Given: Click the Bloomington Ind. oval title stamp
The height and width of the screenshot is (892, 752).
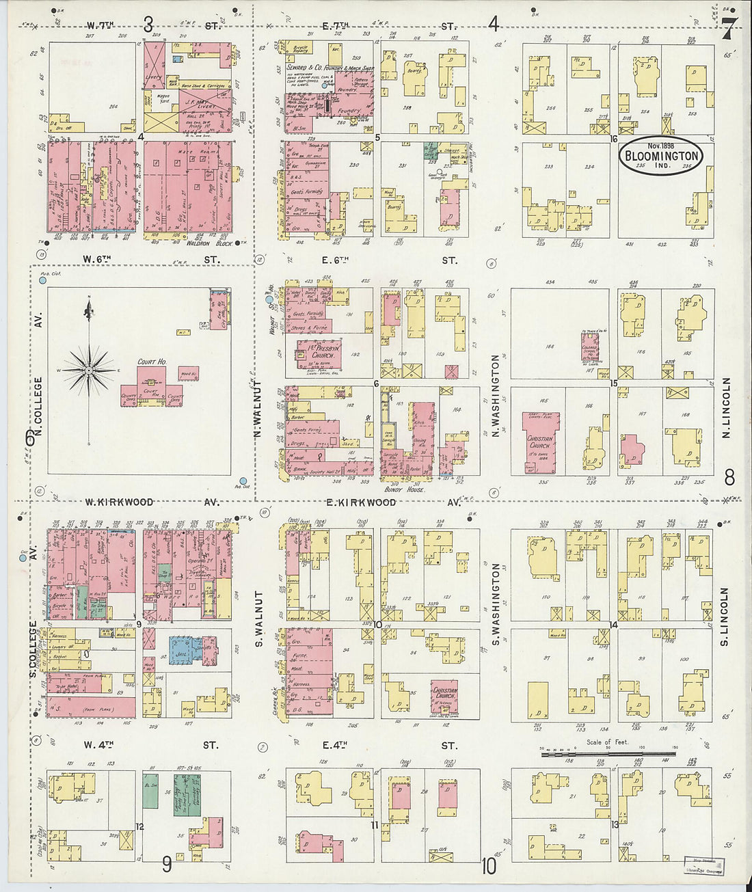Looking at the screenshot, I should (661, 156).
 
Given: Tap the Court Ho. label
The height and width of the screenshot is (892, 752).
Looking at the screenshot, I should (152, 362).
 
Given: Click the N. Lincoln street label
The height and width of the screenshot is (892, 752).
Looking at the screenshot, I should (727, 407).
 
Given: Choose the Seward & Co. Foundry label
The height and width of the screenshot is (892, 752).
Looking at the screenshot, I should (329, 68).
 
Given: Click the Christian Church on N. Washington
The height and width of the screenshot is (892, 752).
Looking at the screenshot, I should (540, 441).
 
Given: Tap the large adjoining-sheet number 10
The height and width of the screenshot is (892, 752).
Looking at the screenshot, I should (488, 866).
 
